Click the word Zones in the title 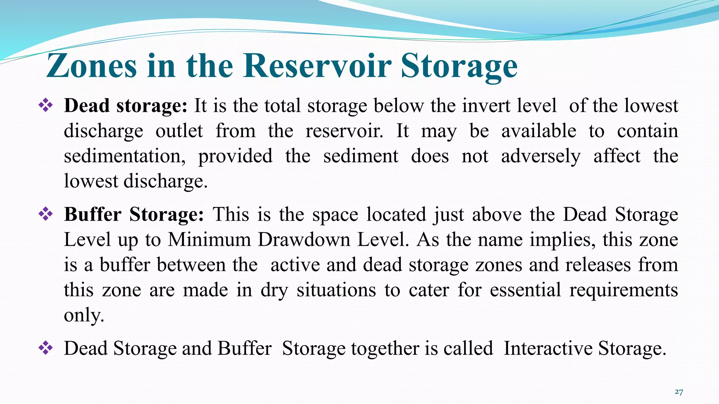[91, 66]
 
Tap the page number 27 [679, 392]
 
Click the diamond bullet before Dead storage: [46, 105]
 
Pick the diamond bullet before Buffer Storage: [46, 214]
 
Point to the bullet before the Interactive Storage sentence [46, 348]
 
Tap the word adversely [541, 156]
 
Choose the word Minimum [209, 240]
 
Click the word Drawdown [304, 240]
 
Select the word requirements [624, 290]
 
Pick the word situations [336, 290]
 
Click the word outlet [179, 131]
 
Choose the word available [539, 131]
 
